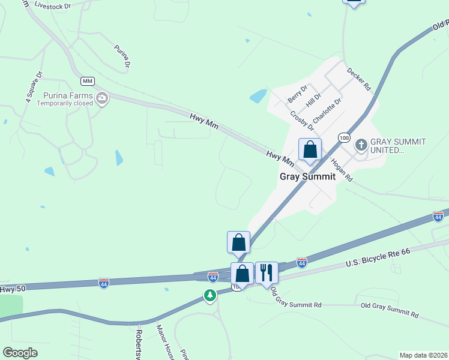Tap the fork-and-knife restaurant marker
point(267,273)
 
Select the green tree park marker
point(209,295)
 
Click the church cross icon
point(361,145)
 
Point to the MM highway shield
point(88,80)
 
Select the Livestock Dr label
point(53,5)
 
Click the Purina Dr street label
point(122,55)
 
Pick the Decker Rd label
point(358,79)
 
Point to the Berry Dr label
point(297,93)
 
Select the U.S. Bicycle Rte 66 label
point(378,258)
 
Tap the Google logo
point(20,353)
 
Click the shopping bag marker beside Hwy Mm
point(310,150)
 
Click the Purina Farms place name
point(68,95)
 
